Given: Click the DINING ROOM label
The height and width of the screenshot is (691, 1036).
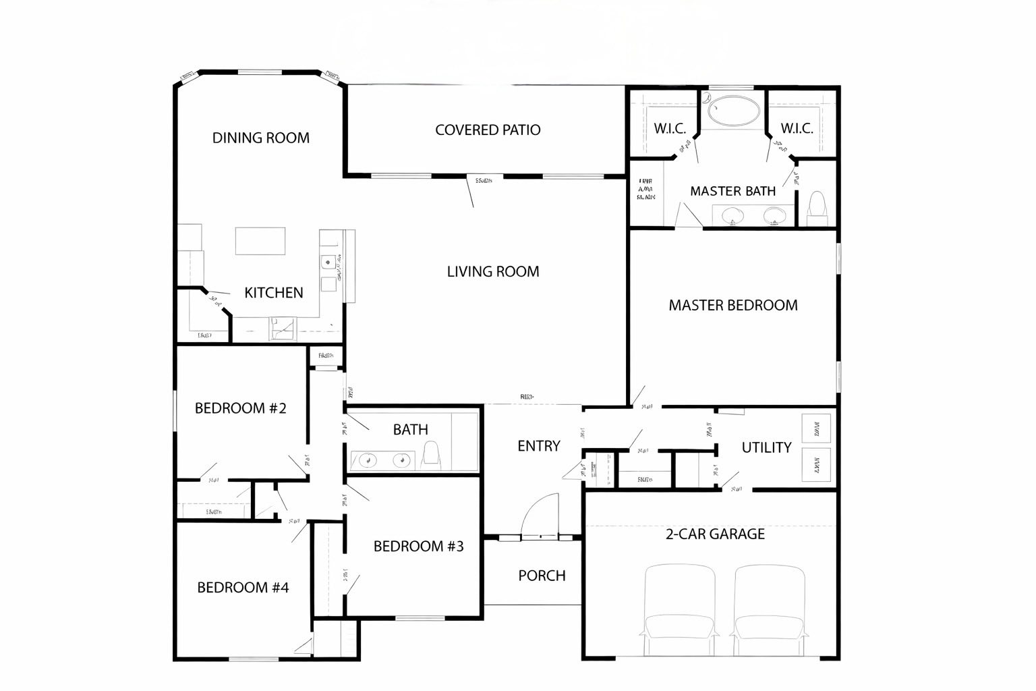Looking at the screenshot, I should (x=261, y=138).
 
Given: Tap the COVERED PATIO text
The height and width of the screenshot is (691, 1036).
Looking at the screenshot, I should (x=488, y=130).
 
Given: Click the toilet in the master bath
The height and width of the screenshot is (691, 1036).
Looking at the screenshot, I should (x=817, y=209).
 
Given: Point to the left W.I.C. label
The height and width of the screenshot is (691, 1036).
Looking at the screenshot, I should (x=670, y=128).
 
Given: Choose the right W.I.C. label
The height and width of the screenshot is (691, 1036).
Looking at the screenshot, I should (x=797, y=128).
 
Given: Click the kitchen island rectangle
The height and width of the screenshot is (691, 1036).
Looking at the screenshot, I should (x=260, y=241).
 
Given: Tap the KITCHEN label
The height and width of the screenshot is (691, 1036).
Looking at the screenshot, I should (x=273, y=292).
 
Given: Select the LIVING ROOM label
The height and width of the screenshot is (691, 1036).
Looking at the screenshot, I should (x=493, y=271).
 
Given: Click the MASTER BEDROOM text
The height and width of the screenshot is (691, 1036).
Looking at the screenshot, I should (x=733, y=305).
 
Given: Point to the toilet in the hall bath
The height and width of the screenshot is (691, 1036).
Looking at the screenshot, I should (x=430, y=456).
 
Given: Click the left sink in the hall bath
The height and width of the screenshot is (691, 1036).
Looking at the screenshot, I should (x=368, y=460).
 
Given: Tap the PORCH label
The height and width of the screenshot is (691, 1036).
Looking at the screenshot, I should (x=542, y=576).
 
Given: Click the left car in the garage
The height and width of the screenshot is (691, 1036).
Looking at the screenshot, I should (x=680, y=611).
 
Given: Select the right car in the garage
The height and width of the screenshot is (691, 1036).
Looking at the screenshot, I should (x=770, y=611).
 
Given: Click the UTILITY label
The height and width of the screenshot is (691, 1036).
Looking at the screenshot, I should (x=766, y=447).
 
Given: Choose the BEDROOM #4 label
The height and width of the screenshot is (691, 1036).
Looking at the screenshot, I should (x=243, y=587).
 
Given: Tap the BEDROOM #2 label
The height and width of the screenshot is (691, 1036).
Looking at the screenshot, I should (x=241, y=408).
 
